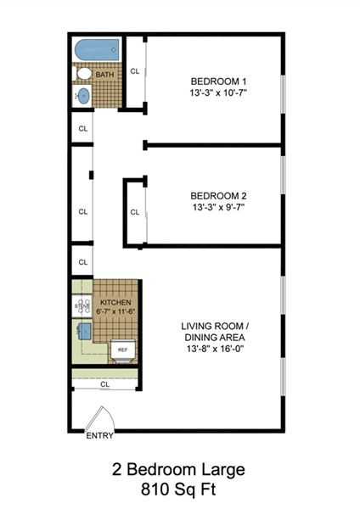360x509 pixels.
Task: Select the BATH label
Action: [x=105, y=76]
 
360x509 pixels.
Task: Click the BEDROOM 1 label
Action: [x=218, y=81]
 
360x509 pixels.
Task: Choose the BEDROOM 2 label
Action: [x=218, y=194]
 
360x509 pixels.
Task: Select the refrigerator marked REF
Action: [x=122, y=349]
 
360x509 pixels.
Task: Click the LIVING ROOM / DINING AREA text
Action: [x=218, y=331]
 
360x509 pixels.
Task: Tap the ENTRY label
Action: [x=98, y=436]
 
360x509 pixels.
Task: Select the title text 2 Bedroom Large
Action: [x=179, y=469]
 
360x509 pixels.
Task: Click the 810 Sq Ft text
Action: [x=179, y=489]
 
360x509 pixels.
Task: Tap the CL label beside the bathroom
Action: [x=135, y=71]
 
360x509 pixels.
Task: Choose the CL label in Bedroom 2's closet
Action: [x=135, y=212]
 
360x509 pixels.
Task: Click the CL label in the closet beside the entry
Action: [x=104, y=384]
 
